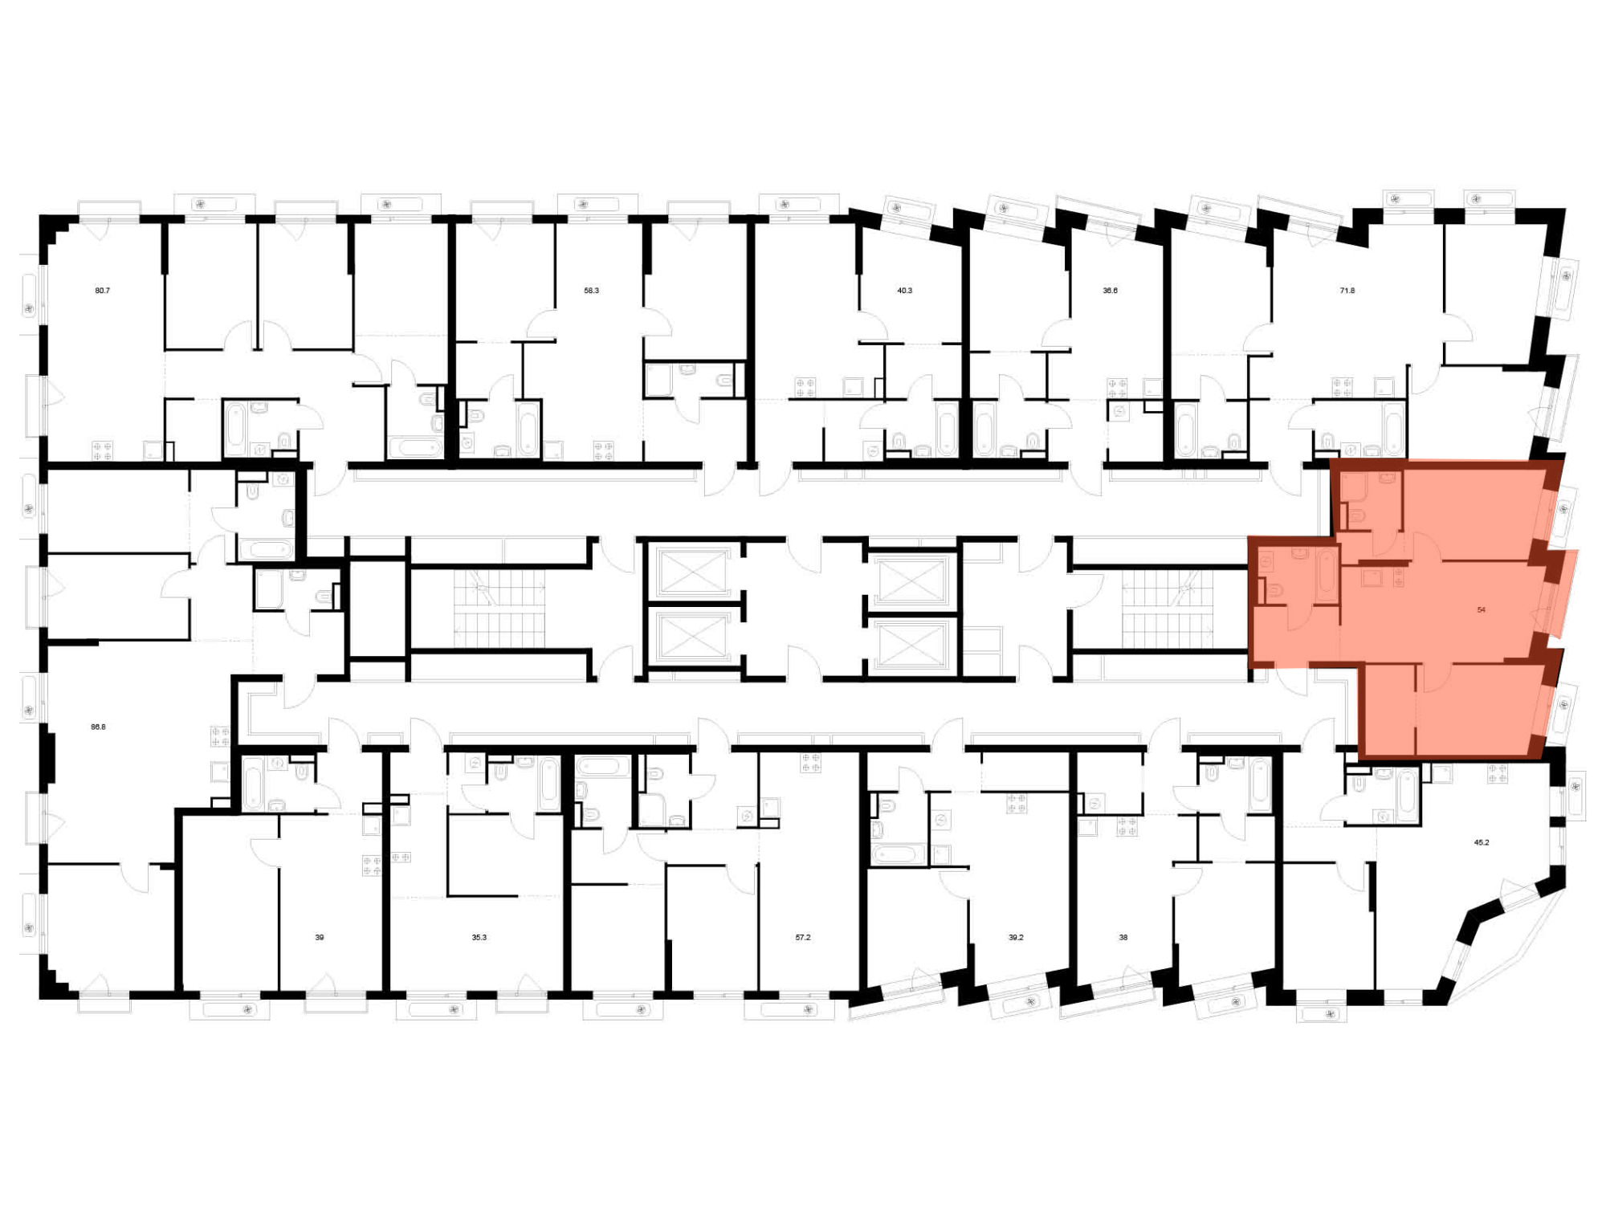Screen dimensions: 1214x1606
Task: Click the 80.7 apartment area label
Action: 102,291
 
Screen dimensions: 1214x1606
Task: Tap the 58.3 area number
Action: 591,291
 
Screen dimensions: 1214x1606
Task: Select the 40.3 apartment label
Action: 904,291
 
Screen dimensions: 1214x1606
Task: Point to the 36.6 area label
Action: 1110,291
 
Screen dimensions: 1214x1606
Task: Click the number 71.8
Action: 1347,291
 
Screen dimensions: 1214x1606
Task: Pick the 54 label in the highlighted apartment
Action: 1481,610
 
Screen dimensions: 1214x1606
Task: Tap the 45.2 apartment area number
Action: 1481,843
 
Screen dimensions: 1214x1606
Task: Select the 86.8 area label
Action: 98,727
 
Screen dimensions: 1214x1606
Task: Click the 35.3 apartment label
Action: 479,937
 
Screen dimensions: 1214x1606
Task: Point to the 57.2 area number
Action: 802,937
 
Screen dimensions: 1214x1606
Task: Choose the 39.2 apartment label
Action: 1016,937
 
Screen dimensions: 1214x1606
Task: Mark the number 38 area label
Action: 1123,937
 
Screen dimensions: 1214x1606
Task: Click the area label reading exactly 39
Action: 319,937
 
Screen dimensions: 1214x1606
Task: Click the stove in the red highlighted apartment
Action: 1398,577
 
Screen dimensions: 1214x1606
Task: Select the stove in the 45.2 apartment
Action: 1497,773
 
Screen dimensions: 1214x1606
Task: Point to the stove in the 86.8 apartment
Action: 220,736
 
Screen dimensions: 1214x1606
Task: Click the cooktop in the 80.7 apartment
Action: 102,450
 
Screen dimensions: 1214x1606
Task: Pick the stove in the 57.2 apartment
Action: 810,763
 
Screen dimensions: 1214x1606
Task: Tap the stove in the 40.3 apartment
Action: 805,388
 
